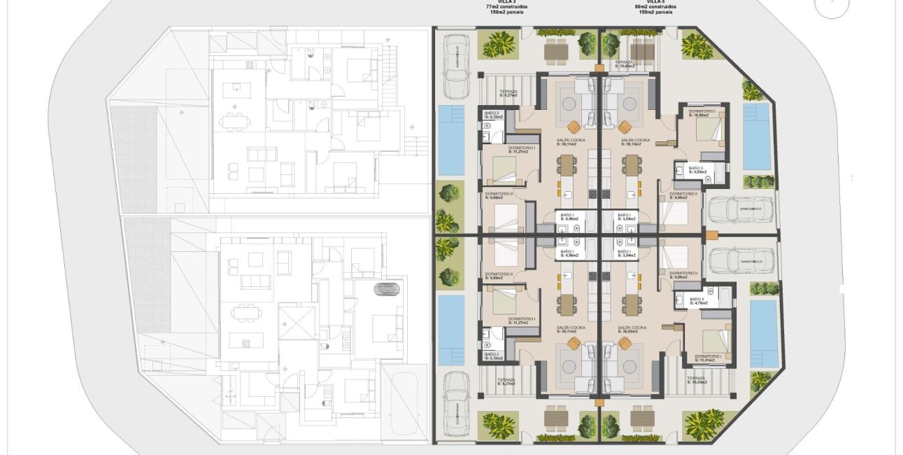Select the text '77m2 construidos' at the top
506,6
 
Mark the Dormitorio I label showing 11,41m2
709,358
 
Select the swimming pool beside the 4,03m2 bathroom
756,137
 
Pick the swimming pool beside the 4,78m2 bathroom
763,333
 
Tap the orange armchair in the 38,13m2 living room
624,126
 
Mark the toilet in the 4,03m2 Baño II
707,180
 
